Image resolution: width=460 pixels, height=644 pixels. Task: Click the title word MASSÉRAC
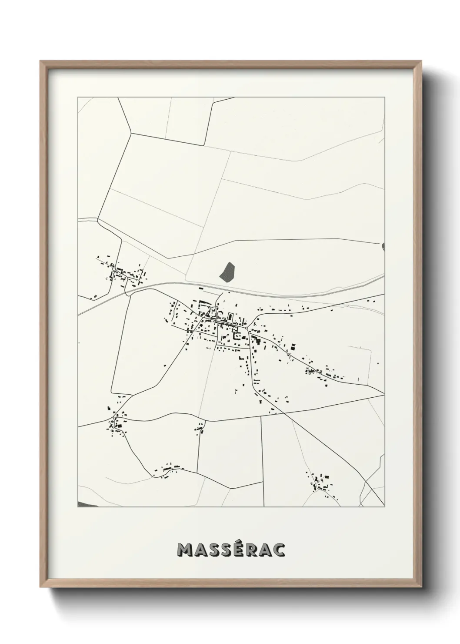click(x=231, y=550)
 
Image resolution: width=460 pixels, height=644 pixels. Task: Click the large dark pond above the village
click(x=227, y=272)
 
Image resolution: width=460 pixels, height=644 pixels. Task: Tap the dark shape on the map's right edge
click(x=383, y=247)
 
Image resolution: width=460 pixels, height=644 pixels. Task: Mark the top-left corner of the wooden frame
click(x=41, y=61)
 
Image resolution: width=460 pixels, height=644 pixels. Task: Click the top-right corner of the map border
click(x=385, y=97)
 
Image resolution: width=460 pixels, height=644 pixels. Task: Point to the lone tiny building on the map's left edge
click(x=79, y=343)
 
